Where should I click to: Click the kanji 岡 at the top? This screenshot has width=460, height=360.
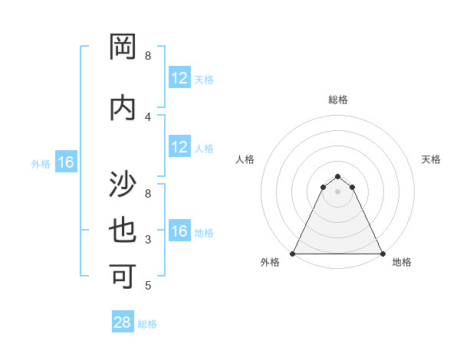123,47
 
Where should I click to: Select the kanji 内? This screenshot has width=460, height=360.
123,108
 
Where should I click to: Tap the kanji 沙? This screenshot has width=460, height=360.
123,185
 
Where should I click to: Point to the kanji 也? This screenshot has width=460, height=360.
123,231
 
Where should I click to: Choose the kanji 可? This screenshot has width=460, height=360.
123,276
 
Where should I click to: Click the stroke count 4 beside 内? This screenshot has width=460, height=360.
148,116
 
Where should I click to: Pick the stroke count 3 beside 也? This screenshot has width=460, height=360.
148,240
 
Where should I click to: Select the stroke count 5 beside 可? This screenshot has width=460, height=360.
148,286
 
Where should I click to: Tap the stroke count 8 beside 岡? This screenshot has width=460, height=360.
148,56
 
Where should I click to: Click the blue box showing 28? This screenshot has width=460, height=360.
123,322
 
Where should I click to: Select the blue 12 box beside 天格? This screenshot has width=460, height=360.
179,77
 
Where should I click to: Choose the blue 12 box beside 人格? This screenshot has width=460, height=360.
179,147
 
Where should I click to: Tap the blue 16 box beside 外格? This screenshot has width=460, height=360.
66,162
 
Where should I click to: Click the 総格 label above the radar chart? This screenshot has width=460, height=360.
337,100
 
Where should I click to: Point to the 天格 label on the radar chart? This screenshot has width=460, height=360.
431,159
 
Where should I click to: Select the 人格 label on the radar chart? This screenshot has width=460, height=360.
245,159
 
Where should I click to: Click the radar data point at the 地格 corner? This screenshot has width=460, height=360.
383,254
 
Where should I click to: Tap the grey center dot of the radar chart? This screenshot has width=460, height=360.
337,191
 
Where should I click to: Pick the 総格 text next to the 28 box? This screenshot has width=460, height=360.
147,324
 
